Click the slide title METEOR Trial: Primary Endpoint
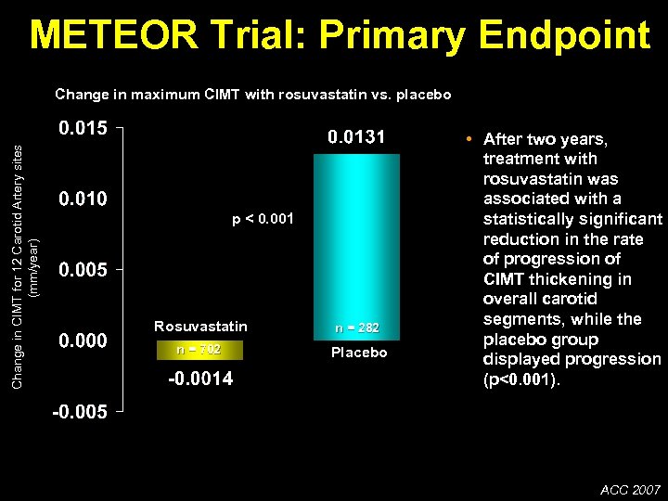[340, 37]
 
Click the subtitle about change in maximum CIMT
[253, 95]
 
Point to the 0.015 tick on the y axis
[83, 127]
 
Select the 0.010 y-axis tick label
[83, 199]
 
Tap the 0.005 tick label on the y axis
[83, 270]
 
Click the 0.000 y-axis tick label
[83, 341]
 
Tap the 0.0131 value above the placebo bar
[356, 138]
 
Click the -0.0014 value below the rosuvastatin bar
[199, 379]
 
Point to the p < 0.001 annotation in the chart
[263, 220]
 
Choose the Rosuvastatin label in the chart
[200, 327]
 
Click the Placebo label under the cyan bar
[359, 353]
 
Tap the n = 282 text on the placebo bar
[357, 328]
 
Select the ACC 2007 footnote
[631, 488]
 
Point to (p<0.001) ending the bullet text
[522, 379]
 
